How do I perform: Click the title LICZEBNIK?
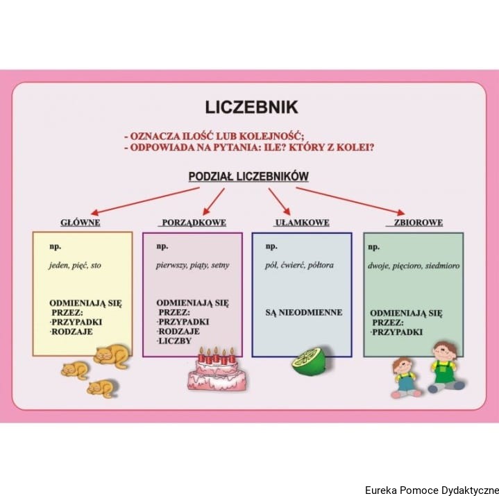[251, 107]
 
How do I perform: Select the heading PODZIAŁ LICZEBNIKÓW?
[248, 177]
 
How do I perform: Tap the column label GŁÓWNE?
[81, 223]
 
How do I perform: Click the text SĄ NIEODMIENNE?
[303, 312]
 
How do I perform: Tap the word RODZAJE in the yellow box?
[71, 332]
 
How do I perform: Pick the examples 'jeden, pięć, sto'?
[75, 265]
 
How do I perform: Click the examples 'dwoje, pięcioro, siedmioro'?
[414, 265]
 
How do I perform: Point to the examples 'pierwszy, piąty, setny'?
[193, 265]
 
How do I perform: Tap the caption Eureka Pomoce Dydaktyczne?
[431, 490]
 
